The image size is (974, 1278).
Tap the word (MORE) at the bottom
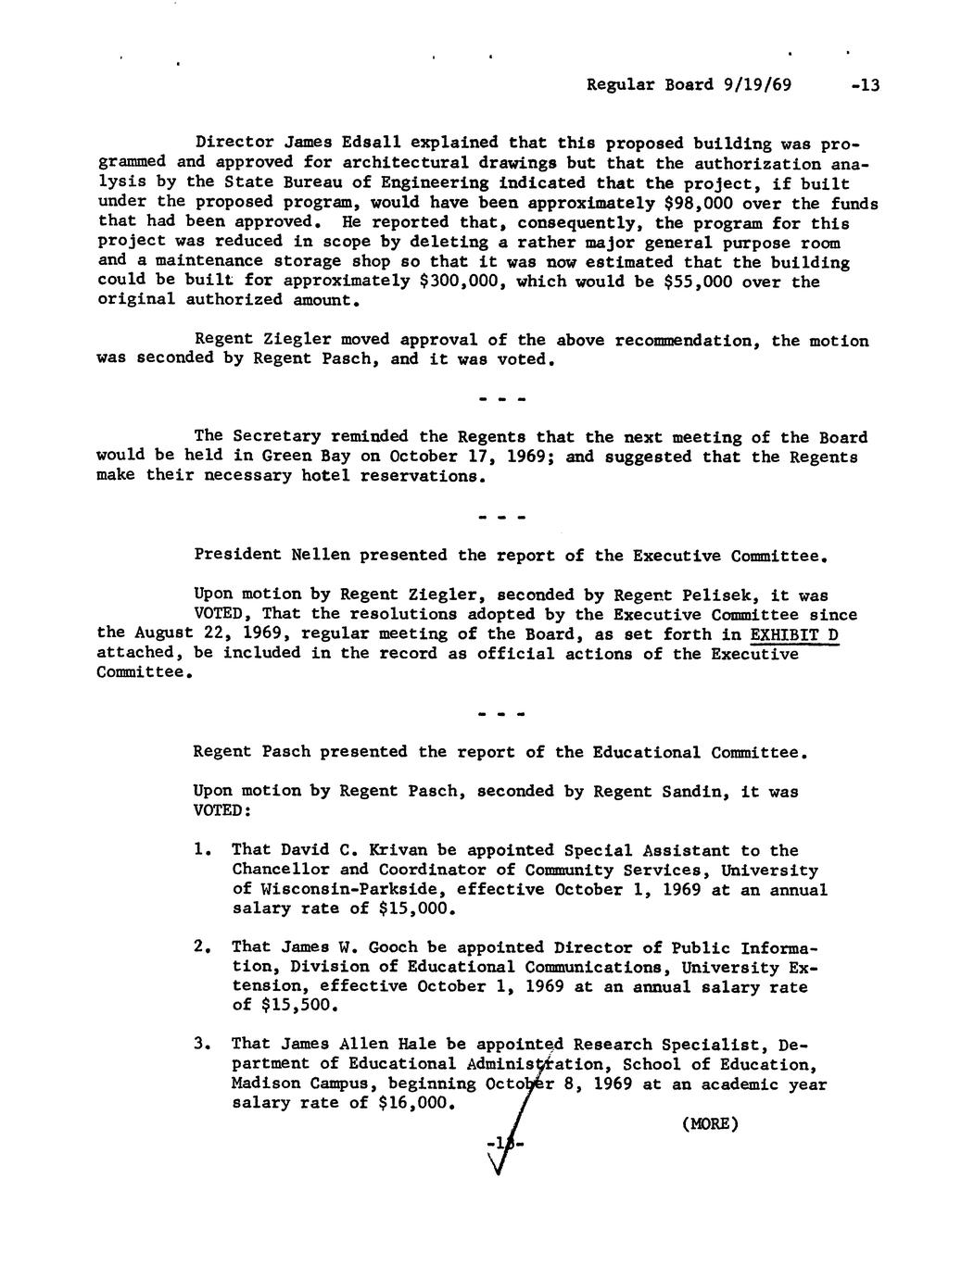[x=709, y=1124]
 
